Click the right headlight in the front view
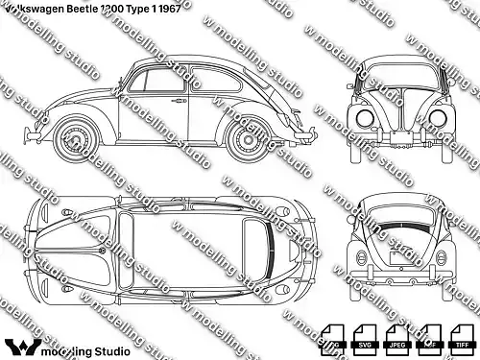[441, 118]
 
